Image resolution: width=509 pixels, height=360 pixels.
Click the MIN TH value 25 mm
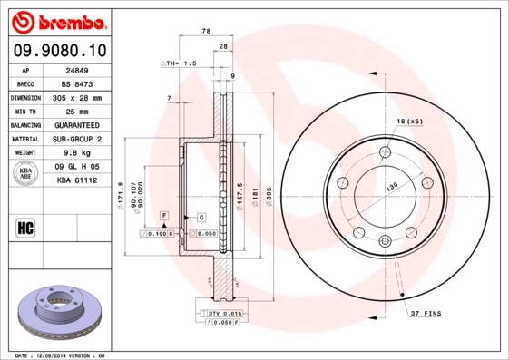click(x=77, y=111)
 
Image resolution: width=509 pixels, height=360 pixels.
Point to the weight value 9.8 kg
click(x=78, y=153)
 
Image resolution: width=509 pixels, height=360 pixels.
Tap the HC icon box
click(x=26, y=227)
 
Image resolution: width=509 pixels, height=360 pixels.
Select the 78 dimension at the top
click(x=206, y=31)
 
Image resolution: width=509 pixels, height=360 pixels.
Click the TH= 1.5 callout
click(x=179, y=63)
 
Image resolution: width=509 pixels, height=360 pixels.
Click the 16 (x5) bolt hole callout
click(x=409, y=121)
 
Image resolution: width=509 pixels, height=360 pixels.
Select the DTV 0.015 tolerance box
click(x=218, y=313)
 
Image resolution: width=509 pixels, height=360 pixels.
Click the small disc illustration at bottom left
click(x=61, y=314)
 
